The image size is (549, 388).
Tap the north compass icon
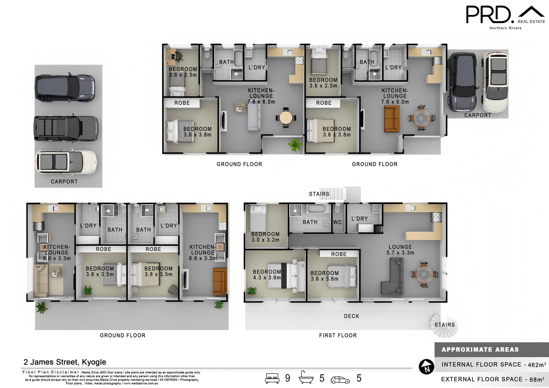[426, 367]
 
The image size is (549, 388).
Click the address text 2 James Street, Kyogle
[65, 362]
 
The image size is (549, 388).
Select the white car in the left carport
[66, 162]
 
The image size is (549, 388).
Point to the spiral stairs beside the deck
[444, 326]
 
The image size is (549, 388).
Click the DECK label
[351, 316]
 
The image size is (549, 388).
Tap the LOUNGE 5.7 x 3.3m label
[400, 250]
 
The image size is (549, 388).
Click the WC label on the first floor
[337, 222]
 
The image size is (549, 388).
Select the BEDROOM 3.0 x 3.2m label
[265, 237]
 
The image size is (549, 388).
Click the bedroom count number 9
[288, 378]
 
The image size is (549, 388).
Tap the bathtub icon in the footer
[306, 377]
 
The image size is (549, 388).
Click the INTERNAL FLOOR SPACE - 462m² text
[494, 365]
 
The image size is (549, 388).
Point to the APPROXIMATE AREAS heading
[480, 349]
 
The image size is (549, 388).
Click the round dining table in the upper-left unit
[286, 118]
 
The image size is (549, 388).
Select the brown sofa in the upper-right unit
[392, 119]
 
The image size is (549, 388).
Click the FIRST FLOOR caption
[338, 335]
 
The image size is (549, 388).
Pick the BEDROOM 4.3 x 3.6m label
[267, 274]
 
